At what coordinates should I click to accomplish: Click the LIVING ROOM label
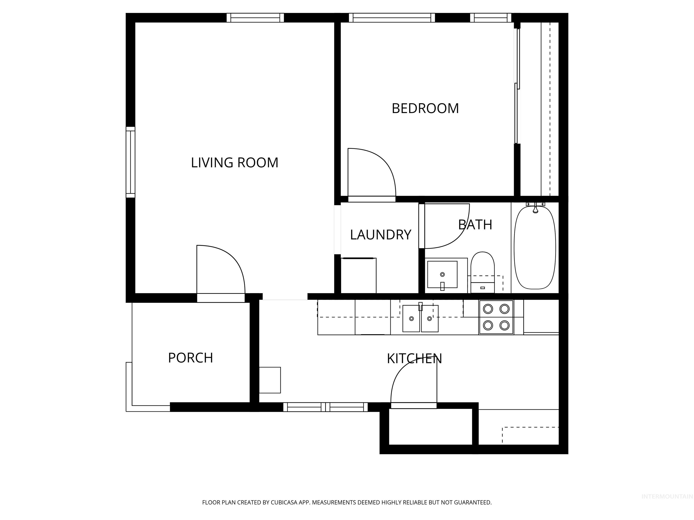point(235,163)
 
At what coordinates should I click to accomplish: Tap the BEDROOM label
point(425,109)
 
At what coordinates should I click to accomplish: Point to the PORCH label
point(190,358)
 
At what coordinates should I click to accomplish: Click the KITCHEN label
point(414,359)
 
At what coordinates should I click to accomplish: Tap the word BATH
point(475,225)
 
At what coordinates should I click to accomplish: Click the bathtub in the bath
point(535,248)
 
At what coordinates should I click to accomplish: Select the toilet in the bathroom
point(483,271)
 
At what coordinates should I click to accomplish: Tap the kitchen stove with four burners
point(496,317)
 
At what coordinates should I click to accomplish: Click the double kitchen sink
point(420,318)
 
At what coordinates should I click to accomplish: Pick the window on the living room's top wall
point(255,18)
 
